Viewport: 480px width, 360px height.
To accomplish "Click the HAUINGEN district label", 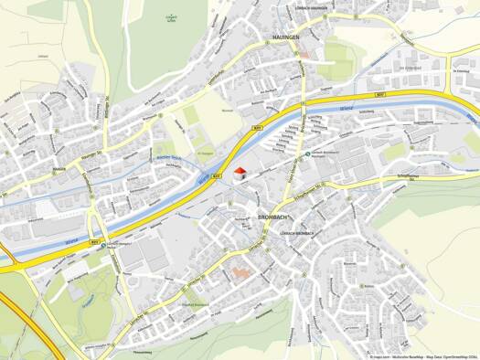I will pyautogui.click(x=286, y=37).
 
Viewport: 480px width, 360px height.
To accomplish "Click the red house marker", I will pyautogui.click(x=240, y=173).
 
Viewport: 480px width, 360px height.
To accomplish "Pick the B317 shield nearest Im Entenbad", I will pyautogui.click(x=374, y=94).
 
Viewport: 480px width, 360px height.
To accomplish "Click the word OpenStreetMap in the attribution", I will pyautogui.click(x=451, y=355).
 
